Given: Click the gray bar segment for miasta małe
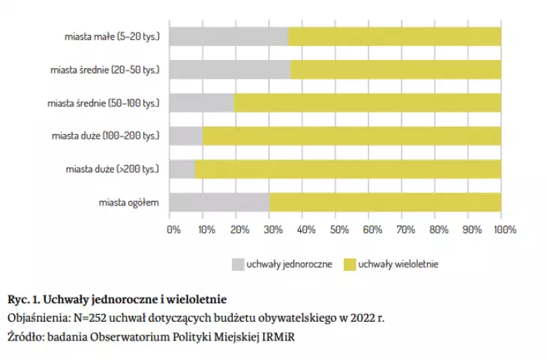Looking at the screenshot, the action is point(229,37).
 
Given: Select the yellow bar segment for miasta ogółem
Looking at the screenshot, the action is point(385,202).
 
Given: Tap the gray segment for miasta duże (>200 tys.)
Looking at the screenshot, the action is point(182,169).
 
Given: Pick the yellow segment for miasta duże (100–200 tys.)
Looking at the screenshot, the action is point(352,136).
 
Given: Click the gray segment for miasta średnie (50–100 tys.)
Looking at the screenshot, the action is point(202,103).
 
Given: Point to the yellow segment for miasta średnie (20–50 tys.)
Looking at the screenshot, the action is point(396,70).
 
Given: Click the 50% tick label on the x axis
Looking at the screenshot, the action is point(339,229).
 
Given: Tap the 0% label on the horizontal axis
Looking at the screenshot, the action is point(173,229).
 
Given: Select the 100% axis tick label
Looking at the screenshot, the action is point(505,229).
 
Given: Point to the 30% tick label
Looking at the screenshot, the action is point(273,229).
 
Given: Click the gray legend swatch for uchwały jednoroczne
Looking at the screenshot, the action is point(238,264).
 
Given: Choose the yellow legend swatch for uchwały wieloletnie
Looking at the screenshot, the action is point(350,264).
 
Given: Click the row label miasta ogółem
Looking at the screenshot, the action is point(128,202).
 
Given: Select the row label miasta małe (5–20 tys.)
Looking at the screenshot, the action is point(112,36).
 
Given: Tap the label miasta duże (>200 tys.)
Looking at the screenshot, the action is point(112,169).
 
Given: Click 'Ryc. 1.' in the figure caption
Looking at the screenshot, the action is point(23,299).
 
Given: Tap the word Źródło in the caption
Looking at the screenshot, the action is point(26,337).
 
